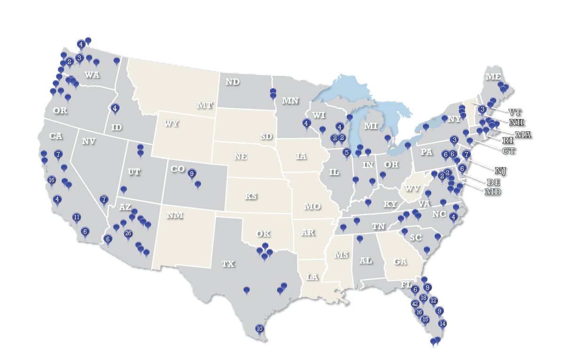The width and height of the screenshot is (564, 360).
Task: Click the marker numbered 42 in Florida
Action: [415, 304]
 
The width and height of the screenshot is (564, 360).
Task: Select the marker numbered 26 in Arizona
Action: [128, 233]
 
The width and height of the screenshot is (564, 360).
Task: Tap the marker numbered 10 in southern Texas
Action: [259, 328]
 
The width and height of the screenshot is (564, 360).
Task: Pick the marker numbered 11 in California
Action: [77, 217]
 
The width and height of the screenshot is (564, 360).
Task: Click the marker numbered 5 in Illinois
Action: [347, 152]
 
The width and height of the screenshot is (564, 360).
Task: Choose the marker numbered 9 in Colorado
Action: [191, 174]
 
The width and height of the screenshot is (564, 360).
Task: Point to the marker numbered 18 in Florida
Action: [423, 298]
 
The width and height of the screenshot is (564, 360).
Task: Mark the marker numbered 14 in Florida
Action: [442, 324]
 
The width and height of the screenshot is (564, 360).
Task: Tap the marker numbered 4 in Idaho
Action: [115, 108]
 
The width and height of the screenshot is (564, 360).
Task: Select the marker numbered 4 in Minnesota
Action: [306, 124]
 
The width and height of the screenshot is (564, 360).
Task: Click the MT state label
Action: [205, 105]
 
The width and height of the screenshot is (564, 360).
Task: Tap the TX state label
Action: [228, 264]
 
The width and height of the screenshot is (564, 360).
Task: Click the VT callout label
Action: [515, 112]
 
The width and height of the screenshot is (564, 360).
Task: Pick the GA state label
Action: [400, 262]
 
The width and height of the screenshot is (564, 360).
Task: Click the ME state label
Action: [493, 77]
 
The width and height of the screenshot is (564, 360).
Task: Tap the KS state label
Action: [251, 196]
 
